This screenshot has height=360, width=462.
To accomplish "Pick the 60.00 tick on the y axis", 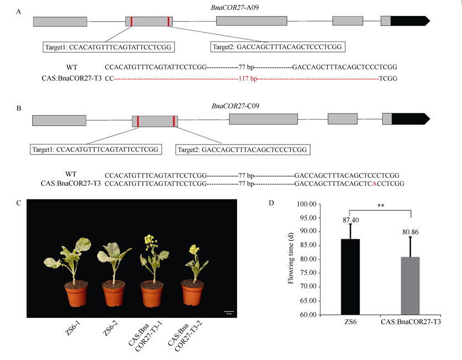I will pos(307,315).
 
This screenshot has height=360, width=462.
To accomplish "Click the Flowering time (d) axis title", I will pos(290,259).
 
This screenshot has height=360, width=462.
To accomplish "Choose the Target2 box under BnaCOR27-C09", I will pos(242,150).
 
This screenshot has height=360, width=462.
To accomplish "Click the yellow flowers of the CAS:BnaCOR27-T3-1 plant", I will pos(148,240).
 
